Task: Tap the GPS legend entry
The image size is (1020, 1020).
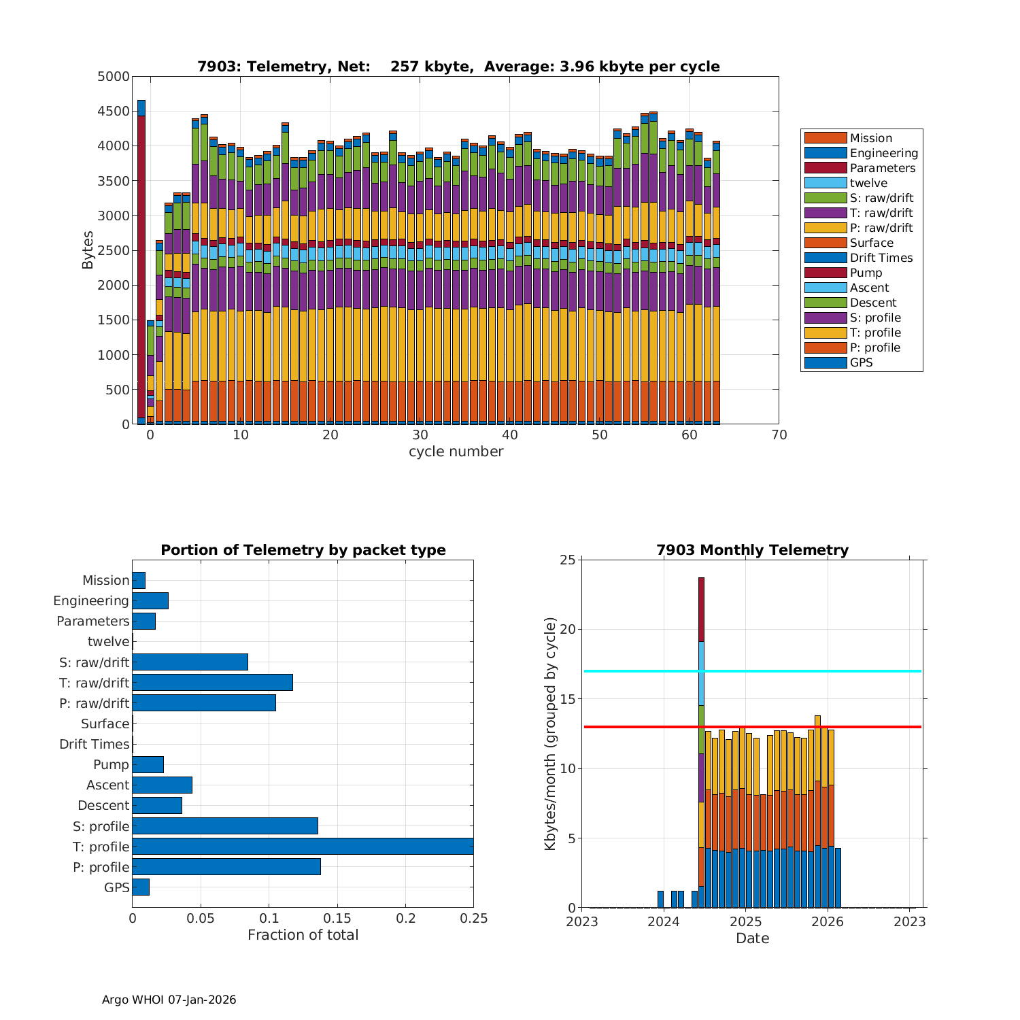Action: point(861,362)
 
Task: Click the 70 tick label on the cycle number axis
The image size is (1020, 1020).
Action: point(779,436)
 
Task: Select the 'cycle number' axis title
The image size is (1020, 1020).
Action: point(456,452)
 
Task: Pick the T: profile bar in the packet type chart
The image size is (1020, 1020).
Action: point(303,846)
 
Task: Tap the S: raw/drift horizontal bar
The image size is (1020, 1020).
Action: point(190,662)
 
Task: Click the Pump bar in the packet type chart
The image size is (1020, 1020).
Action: point(148,764)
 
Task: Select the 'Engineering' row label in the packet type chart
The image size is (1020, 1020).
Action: point(91,600)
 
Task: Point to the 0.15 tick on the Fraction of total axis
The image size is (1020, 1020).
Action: point(337,919)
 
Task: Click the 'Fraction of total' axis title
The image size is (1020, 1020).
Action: point(303,935)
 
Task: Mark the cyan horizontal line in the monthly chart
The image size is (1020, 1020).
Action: point(816,671)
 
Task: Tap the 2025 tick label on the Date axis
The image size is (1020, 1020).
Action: point(745,922)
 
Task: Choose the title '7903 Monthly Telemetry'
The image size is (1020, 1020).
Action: point(752,550)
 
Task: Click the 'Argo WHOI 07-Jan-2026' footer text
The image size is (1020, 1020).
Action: point(169,1000)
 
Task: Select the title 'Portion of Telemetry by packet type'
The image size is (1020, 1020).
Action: point(303,550)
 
